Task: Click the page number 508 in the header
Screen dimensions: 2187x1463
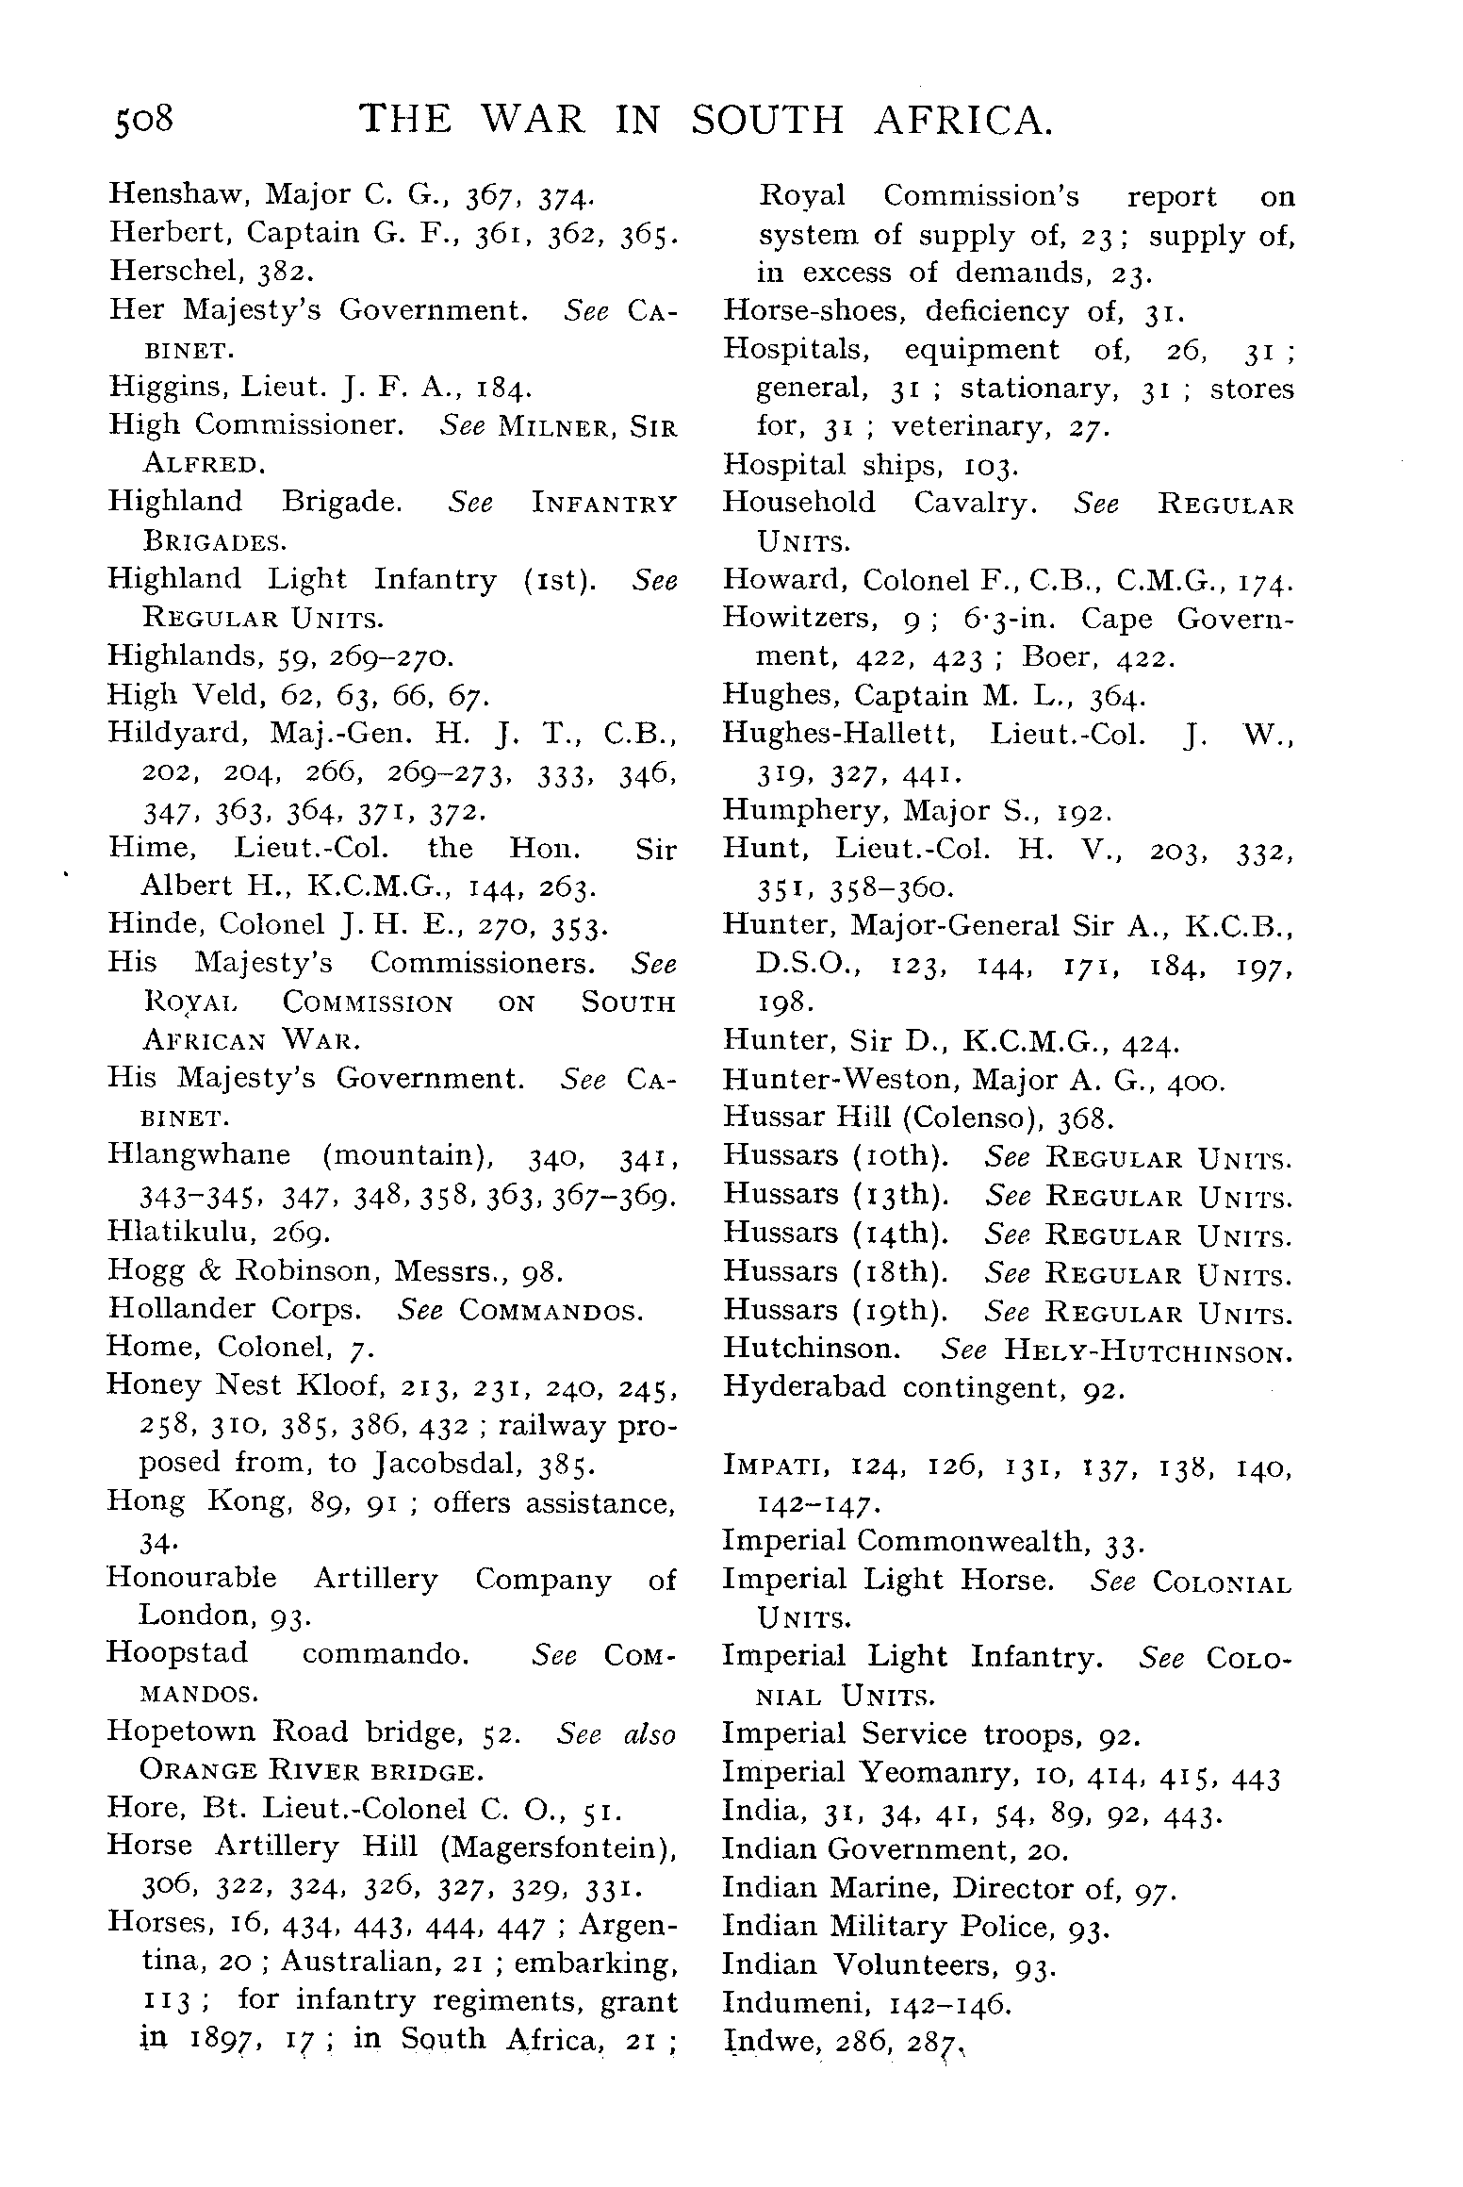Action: (x=144, y=122)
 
